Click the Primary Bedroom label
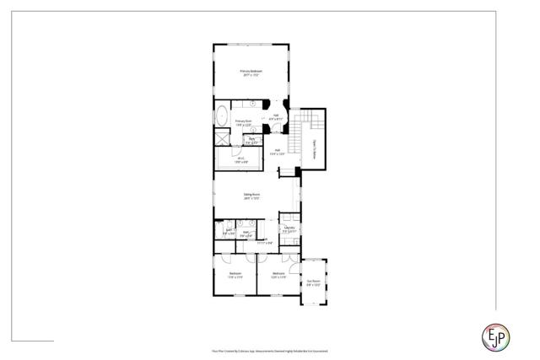(x=251, y=71)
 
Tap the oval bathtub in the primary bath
(x=222, y=116)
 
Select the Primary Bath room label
(x=243, y=121)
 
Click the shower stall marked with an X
(x=221, y=140)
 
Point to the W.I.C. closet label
(x=240, y=158)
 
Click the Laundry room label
(x=288, y=228)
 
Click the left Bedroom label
(x=235, y=273)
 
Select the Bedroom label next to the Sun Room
(x=279, y=273)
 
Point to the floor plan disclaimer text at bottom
(x=269, y=350)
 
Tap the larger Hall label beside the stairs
(x=276, y=152)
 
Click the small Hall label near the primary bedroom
(x=276, y=116)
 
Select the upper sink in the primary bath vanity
(x=254, y=102)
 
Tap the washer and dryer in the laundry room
(x=289, y=239)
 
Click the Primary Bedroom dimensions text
(x=251, y=75)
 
